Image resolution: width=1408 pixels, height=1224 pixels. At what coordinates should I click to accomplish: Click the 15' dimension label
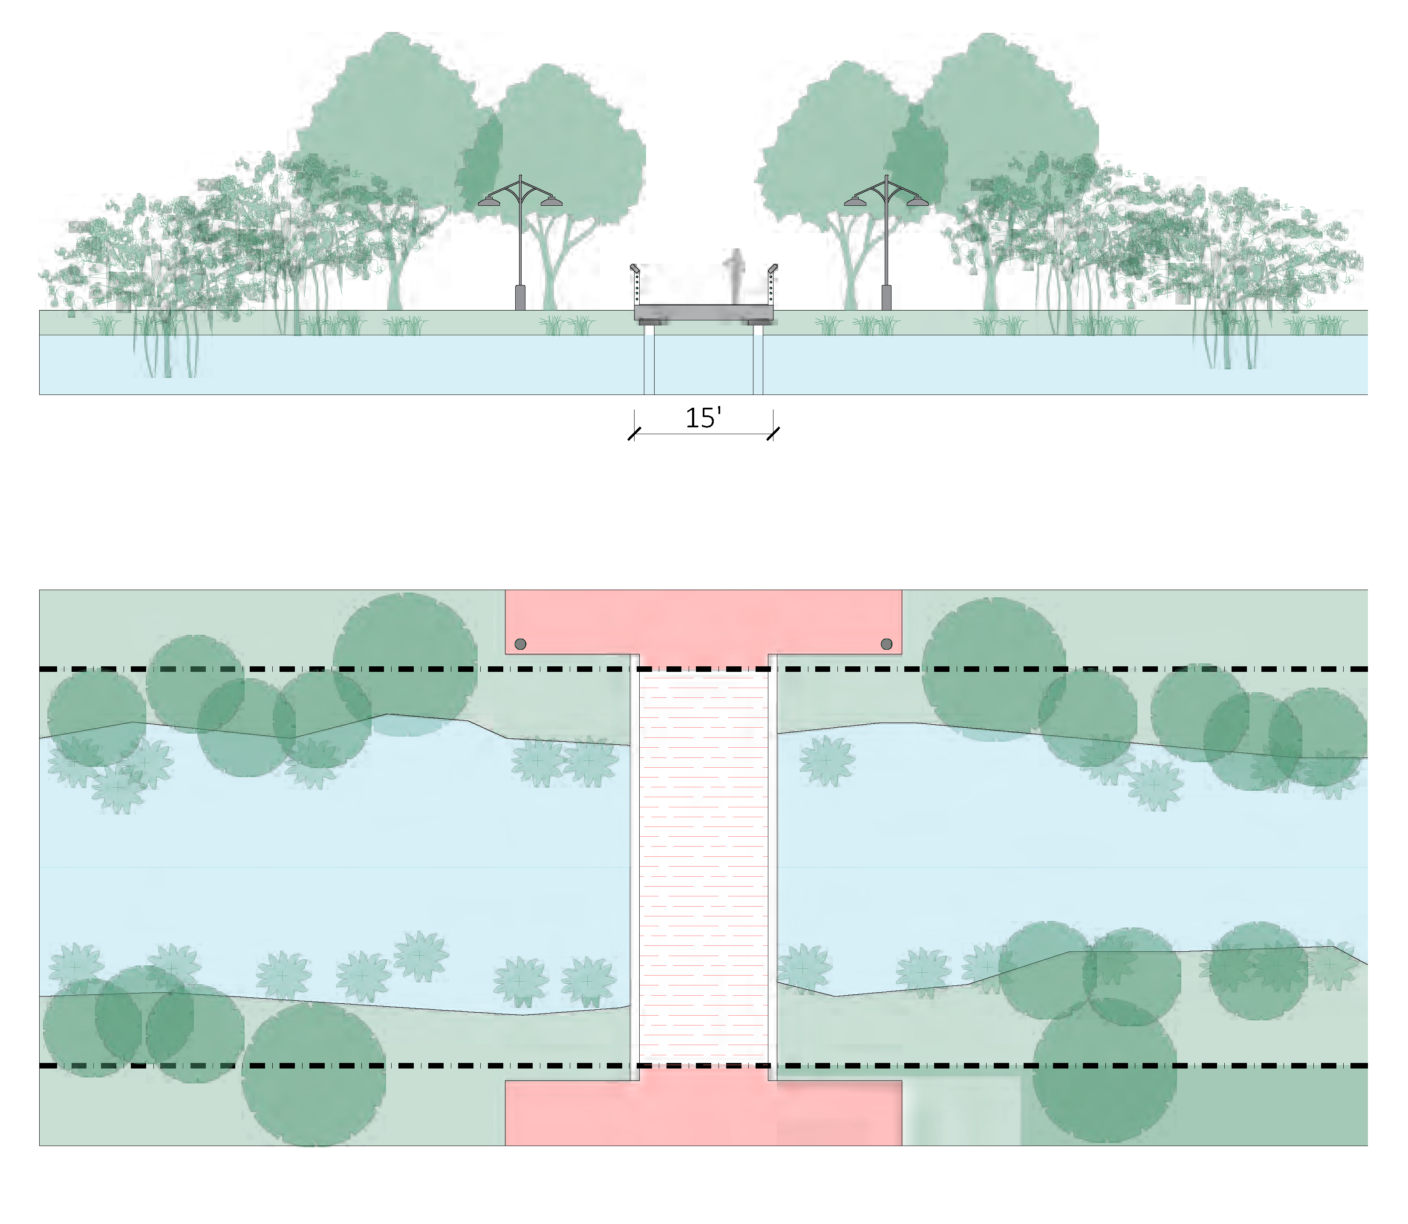tap(703, 418)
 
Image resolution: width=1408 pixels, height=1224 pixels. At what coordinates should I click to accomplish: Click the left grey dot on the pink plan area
tap(521, 644)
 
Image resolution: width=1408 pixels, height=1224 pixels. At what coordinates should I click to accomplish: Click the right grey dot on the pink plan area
tap(887, 644)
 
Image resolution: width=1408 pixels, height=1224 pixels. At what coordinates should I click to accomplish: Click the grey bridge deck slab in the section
tap(704, 312)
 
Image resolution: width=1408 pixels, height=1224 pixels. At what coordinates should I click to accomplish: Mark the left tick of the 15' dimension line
tap(635, 434)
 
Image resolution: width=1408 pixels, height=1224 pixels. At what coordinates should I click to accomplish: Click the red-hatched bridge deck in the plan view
tap(704, 867)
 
